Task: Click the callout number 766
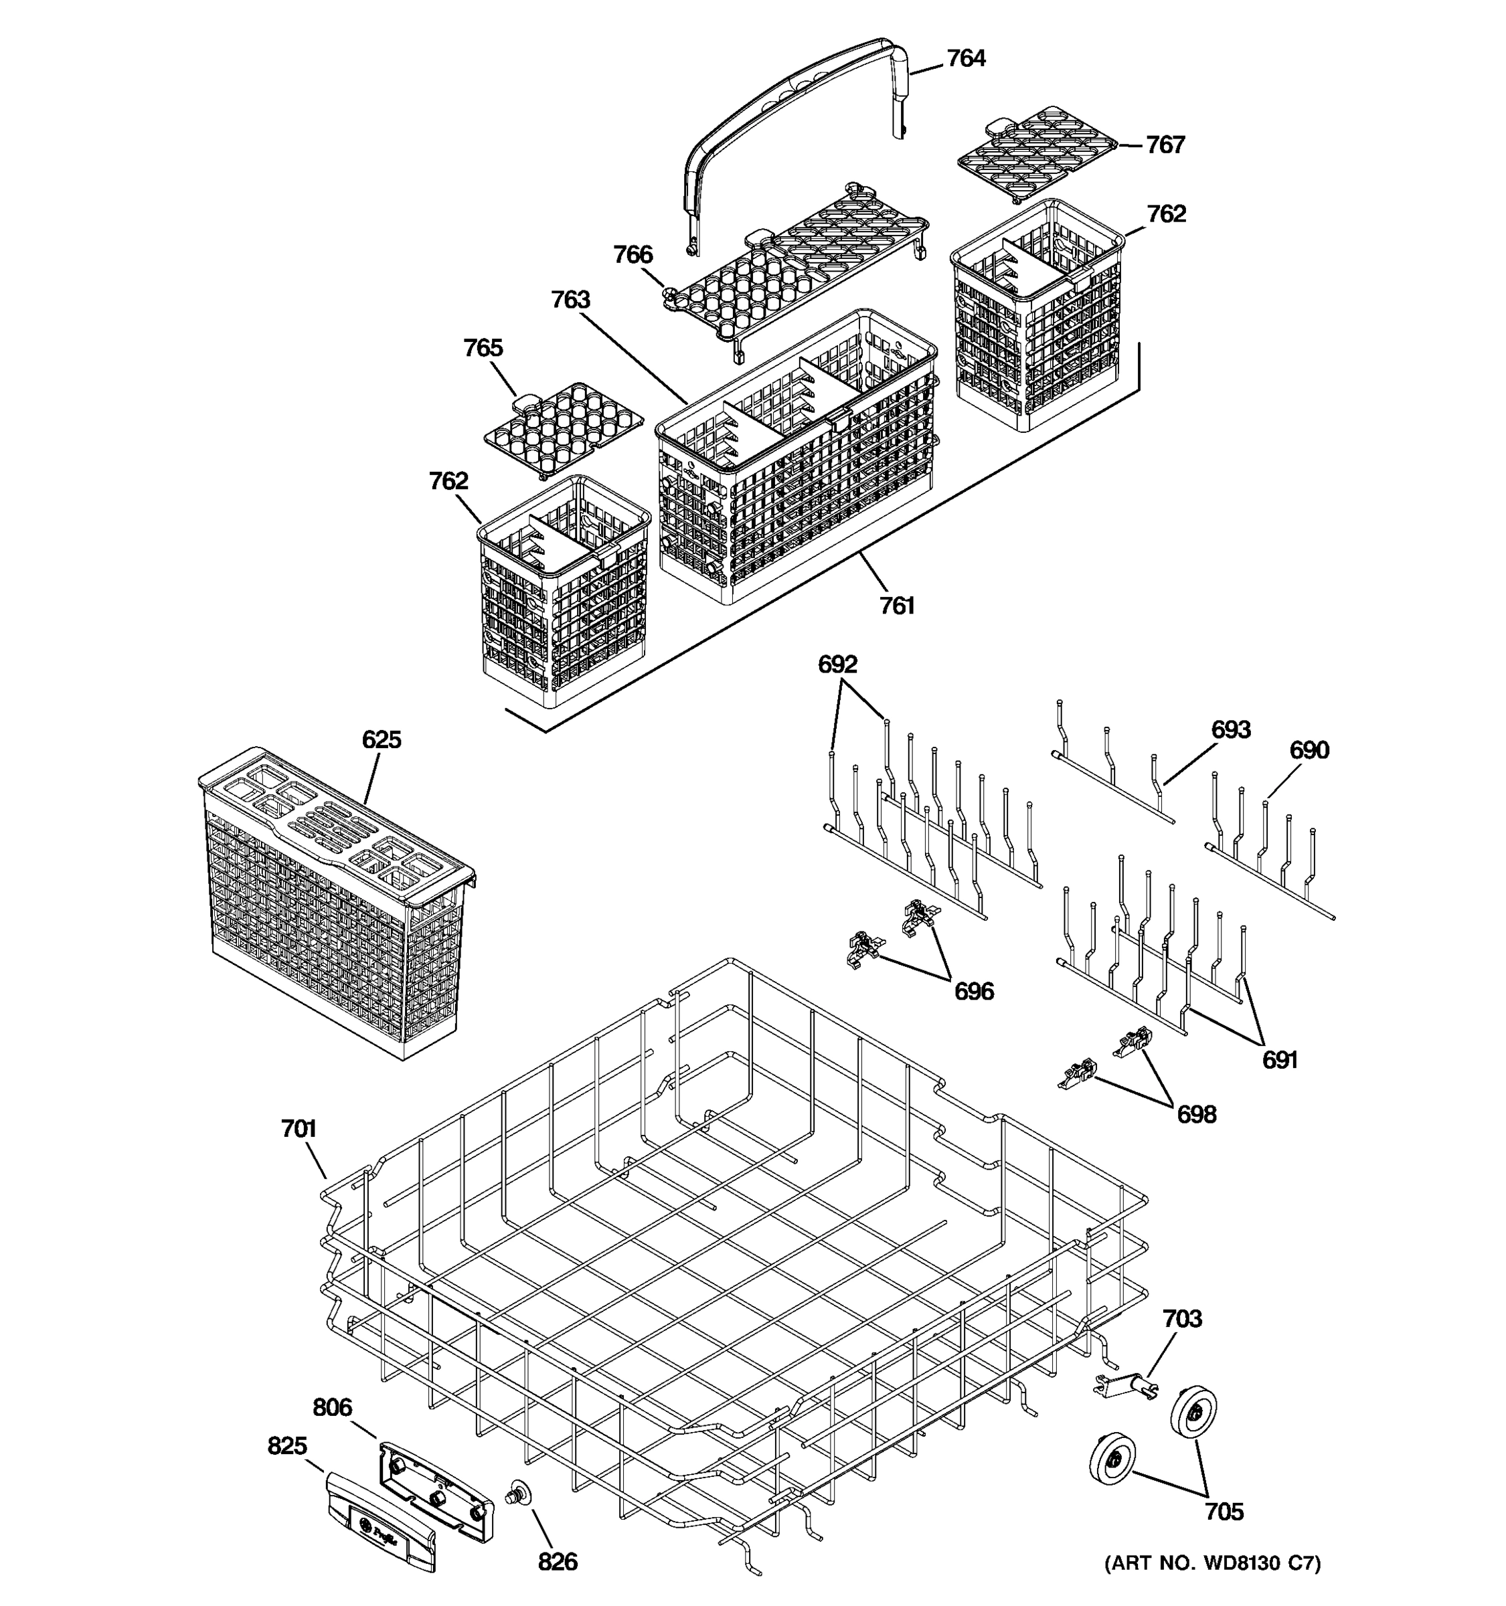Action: pyautogui.click(x=633, y=255)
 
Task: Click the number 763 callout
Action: pyautogui.click(x=570, y=300)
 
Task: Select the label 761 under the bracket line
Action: pyautogui.click(x=897, y=606)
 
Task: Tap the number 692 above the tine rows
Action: pyautogui.click(x=837, y=665)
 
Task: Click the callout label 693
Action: pyautogui.click(x=1230, y=730)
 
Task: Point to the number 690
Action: pyautogui.click(x=1309, y=751)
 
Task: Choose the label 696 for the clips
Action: pyautogui.click(x=974, y=991)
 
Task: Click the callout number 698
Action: pyautogui.click(x=1195, y=1115)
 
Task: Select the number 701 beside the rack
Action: pyautogui.click(x=298, y=1129)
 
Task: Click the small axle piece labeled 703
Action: pyautogui.click(x=1124, y=1387)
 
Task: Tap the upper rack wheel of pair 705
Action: pyautogui.click(x=1193, y=1413)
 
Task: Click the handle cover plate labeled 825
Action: pyautogui.click(x=382, y=1521)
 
